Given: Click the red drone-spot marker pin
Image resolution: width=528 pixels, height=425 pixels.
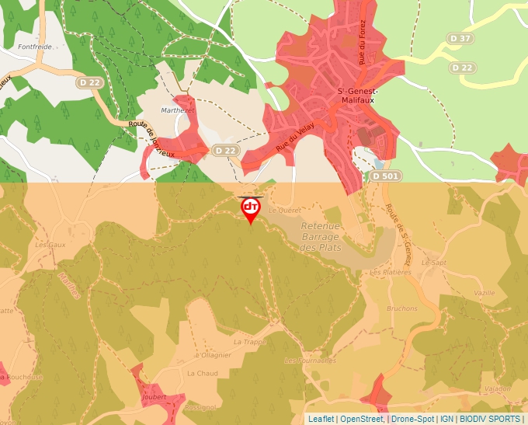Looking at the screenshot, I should tap(250, 209).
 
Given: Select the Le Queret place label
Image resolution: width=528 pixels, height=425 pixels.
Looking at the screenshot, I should tap(283, 210).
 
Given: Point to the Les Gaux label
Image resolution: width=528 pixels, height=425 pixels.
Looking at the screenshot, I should tap(50, 244).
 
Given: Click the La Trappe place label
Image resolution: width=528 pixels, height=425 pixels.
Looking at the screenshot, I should tap(249, 341).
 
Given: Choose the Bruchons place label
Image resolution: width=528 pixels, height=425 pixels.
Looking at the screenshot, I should tap(401, 308).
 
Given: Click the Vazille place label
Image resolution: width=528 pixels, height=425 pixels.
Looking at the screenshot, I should tap(483, 292).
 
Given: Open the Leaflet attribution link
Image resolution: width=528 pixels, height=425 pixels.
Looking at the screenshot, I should tap(321, 419).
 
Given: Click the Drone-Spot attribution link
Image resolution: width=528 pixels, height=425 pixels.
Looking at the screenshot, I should tap(412, 419).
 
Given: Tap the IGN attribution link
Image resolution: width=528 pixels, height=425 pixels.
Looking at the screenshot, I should tap(446, 419).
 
